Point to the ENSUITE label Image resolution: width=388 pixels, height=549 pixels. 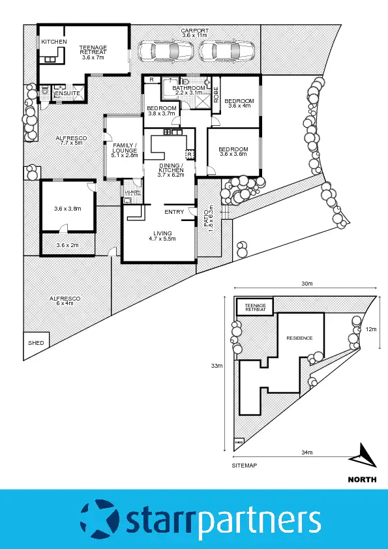[67, 94]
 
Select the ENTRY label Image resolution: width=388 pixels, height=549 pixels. [174, 212]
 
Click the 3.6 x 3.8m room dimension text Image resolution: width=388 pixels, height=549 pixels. [67, 209]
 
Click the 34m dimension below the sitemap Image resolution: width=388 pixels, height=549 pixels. [306, 453]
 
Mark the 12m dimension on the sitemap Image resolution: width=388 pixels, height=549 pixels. [371, 329]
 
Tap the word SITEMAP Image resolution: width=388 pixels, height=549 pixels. [245, 466]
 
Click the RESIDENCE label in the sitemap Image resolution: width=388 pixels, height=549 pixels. [299, 338]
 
